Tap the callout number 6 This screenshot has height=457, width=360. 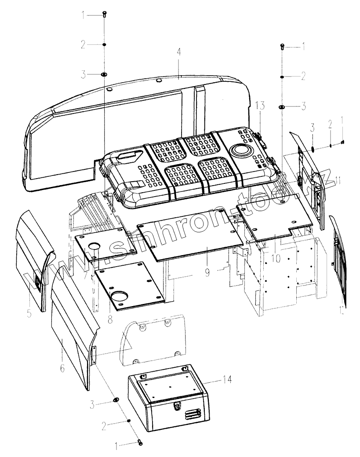point(62,368)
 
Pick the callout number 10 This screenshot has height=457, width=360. point(276,258)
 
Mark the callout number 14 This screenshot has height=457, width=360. point(227,379)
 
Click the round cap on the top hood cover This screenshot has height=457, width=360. point(240,150)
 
